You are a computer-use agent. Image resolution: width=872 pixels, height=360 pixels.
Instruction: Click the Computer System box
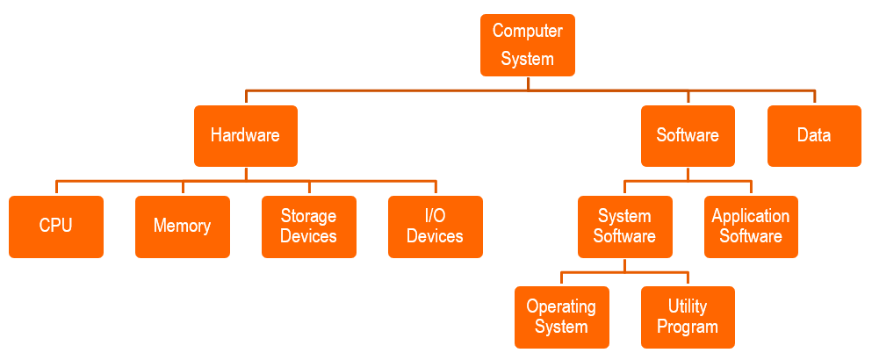527,45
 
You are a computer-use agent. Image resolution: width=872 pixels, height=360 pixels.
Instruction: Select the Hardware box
245,135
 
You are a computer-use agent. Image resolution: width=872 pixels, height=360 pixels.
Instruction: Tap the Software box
688,135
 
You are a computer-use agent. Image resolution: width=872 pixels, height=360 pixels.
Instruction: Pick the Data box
814,135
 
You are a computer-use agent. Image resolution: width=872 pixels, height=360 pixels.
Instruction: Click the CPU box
56,227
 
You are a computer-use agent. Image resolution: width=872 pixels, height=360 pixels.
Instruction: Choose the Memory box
182,227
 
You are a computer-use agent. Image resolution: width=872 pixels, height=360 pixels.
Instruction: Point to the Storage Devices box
308,227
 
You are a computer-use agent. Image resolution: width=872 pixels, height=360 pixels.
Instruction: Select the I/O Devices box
435,227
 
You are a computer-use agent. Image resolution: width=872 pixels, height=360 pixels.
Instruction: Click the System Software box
624,227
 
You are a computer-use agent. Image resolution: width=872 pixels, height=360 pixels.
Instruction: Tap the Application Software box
751,227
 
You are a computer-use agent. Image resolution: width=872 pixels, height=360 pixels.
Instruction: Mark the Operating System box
561,317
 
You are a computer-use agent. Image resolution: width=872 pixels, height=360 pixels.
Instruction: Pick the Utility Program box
688,317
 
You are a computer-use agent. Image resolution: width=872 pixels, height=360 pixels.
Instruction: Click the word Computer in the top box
527,32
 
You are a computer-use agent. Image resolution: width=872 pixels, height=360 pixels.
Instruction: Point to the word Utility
688,306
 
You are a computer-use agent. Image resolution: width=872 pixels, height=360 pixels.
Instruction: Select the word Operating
561,306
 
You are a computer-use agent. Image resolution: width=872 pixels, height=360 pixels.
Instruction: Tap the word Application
751,216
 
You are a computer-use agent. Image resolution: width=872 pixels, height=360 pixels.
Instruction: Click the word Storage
308,216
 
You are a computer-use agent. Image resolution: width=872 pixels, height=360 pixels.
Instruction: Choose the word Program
688,328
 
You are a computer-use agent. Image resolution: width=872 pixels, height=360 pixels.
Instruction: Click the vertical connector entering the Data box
814,97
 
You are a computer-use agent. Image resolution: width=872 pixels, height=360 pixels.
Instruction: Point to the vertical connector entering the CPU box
56,188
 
